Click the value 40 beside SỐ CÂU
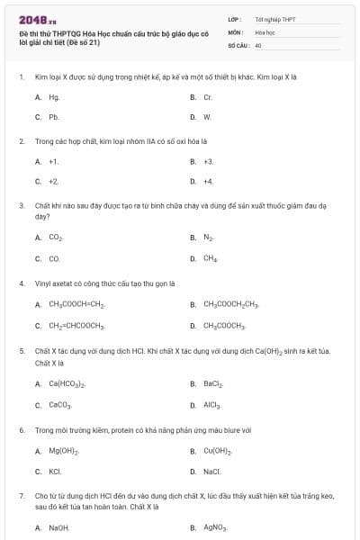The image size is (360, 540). click(x=258, y=44)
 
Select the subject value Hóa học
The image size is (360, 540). click(x=265, y=31)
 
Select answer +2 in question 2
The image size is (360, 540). click(x=54, y=181)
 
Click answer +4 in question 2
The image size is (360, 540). click(x=208, y=181)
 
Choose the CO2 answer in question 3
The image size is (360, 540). click(x=56, y=238)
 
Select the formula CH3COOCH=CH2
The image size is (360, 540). click(x=76, y=304)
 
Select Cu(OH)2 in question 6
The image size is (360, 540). click(x=218, y=450)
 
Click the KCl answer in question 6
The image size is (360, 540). click(x=55, y=471)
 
